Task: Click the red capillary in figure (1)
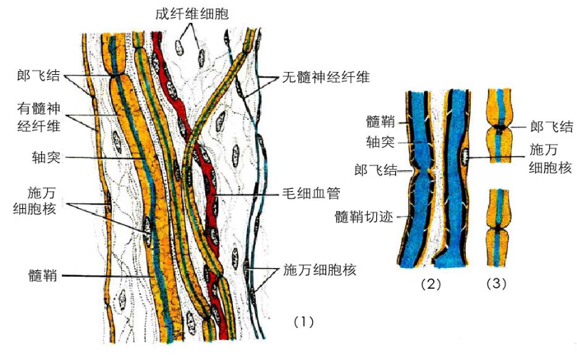(207, 178)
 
